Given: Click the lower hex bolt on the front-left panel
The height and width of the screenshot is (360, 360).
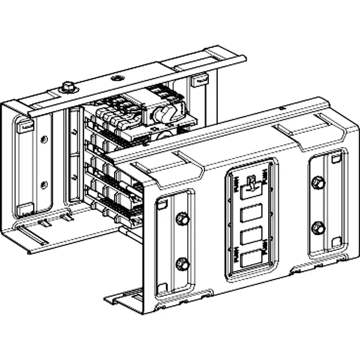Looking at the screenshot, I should click(182, 263).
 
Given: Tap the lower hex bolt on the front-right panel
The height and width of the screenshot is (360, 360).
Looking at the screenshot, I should click(319, 228).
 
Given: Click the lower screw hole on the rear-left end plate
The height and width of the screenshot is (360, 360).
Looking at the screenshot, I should click(43, 184).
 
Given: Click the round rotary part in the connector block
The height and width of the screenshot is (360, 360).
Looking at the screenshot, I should click(163, 113).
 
